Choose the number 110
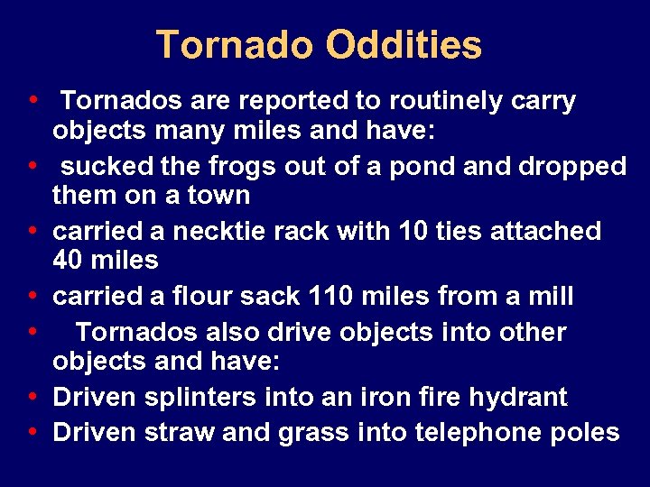(336, 295)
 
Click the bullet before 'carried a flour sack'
(32, 295)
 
